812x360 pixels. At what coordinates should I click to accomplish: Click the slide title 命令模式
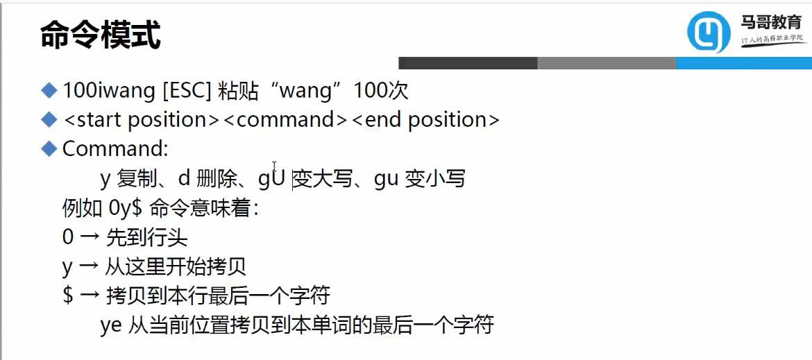[x=101, y=35]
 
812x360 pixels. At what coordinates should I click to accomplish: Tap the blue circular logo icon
[x=709, y=33]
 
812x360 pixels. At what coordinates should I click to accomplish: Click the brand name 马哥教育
[x=771, y=22]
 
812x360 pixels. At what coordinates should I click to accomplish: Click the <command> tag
[x=285, y=119]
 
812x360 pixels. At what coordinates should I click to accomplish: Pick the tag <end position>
[x=425, y=119]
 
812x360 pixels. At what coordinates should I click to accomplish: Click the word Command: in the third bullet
[x=115, y=148]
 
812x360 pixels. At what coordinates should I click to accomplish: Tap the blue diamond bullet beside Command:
[x=49, y=148]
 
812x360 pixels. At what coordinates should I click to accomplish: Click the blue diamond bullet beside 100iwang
[x=49, y=89]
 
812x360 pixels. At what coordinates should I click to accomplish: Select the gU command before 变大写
[x=272, y=179]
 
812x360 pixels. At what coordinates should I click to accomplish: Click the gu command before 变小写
[x=386, y=179]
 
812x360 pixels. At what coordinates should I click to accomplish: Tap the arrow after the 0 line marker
[x=90, y=238]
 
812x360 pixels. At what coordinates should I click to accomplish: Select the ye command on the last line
[x=111, y=325]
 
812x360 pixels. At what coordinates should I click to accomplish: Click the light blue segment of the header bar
[x=743, y=63]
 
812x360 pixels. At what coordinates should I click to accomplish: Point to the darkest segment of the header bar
[x=468, y=63]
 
